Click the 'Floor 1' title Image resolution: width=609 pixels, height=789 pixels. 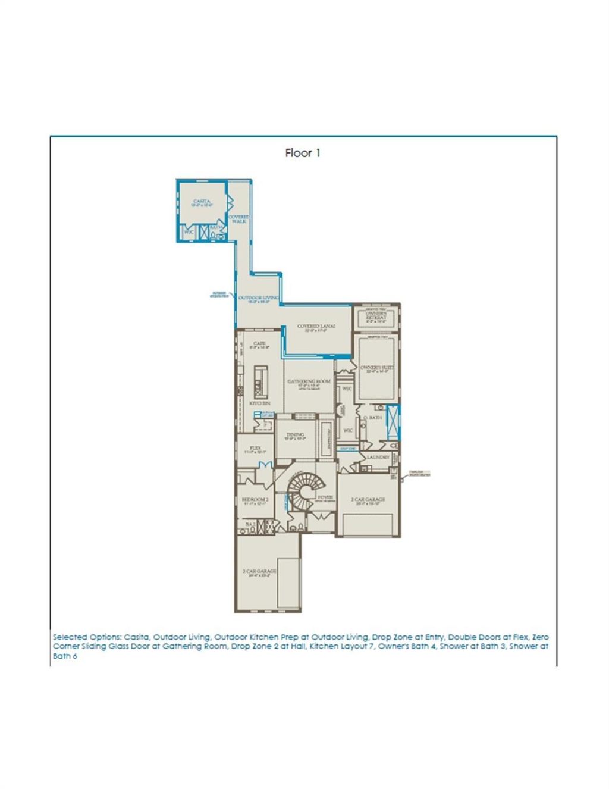303,153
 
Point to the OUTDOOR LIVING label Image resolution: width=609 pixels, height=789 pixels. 259,298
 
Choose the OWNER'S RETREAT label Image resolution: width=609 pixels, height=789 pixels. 376,317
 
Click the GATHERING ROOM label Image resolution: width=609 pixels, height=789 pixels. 309,382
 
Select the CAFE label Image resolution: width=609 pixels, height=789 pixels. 259,345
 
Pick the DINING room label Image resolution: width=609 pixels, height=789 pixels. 295,436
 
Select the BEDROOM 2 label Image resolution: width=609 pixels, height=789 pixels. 255,500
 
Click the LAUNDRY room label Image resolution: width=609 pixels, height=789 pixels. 378,457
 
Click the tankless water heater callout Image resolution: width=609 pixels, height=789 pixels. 419,474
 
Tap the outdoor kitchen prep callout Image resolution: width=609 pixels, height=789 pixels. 220,294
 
